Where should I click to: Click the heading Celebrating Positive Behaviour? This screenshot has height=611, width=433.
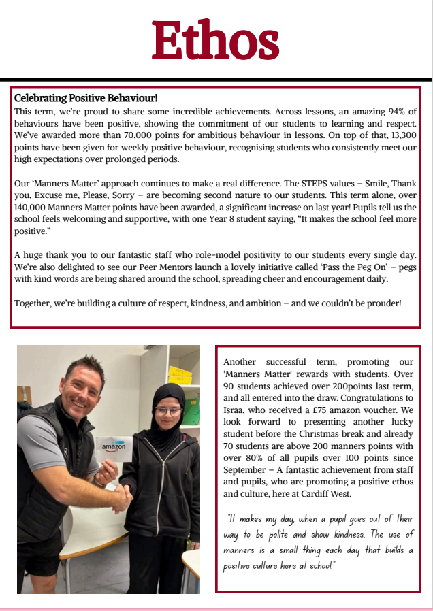(x=86, y=99)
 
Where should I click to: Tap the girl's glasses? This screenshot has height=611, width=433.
(x=168, y=411)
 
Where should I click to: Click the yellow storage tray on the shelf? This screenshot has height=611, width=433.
(x=180, y=375)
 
